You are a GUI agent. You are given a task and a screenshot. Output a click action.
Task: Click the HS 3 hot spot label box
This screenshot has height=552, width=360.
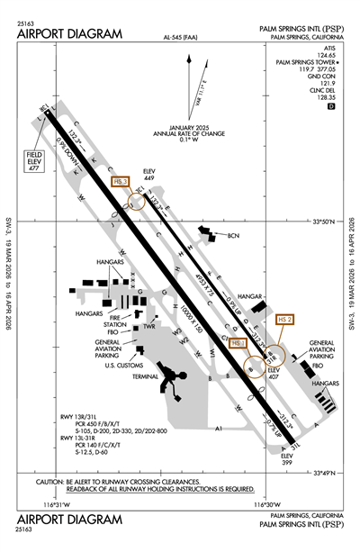click(122, 181)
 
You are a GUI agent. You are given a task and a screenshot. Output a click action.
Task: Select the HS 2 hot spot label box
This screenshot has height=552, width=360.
click(285, 319)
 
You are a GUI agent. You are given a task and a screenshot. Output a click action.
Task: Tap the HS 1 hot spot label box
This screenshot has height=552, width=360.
click(238, 342)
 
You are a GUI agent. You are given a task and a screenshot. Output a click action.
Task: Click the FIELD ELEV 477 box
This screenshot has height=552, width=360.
click(35, 163)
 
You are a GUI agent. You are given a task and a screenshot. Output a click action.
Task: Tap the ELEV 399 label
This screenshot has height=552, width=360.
click(287, 458)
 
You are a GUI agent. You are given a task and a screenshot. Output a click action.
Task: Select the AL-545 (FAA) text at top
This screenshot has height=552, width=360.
click(181, 39)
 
